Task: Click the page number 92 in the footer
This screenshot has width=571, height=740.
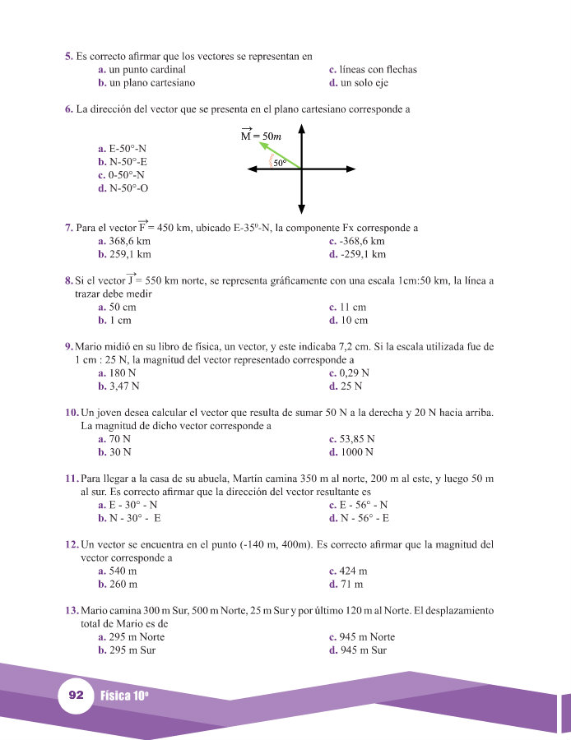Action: pyautogui.click(x=77, y=696)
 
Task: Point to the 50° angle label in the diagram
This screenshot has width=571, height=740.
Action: pyautogui.click(x=280, y=164)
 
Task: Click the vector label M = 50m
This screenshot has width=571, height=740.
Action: pyautogui.click(x=261, y=135)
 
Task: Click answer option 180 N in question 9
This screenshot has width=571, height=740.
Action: pyautogui.click(x=118, y=372)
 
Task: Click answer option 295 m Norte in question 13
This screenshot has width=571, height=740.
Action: pyautogui.click(x=131, y=637)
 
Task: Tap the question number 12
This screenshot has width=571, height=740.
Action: pyautogui.click(x=71, y=545)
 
